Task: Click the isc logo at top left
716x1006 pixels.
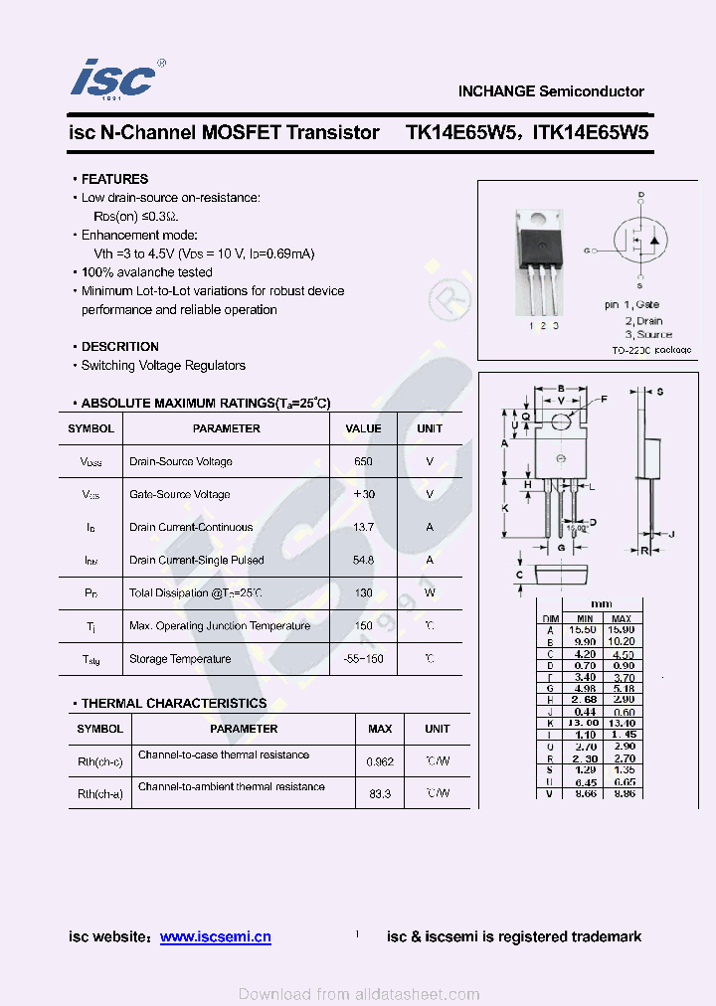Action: click(114, 78)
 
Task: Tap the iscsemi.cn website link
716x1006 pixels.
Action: click(215, 936)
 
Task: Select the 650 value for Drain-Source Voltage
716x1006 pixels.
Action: click(363, 461)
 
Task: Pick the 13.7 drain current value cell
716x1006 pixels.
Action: click(363, 527)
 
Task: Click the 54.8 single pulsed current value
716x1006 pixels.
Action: click(363, 560)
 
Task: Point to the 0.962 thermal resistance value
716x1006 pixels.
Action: click(379, 761)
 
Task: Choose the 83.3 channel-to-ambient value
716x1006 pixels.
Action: click(379, 793)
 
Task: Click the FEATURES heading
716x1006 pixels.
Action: click(114, 179)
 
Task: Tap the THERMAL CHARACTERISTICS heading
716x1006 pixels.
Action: click(174, 703)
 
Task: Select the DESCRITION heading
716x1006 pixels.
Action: click(119, 347)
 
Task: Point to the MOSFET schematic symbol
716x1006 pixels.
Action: click(639, 240)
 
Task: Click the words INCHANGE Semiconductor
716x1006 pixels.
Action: click(551, 91)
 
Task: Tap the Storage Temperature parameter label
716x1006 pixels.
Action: click(180, 659)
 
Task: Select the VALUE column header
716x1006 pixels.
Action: click(363, 428)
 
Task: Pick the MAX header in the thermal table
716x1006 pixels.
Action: click(380, 729)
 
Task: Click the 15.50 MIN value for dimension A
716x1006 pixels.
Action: click(582, 630)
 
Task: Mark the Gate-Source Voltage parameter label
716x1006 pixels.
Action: click(180, 494)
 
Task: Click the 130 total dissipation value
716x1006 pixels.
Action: click(363, 592)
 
